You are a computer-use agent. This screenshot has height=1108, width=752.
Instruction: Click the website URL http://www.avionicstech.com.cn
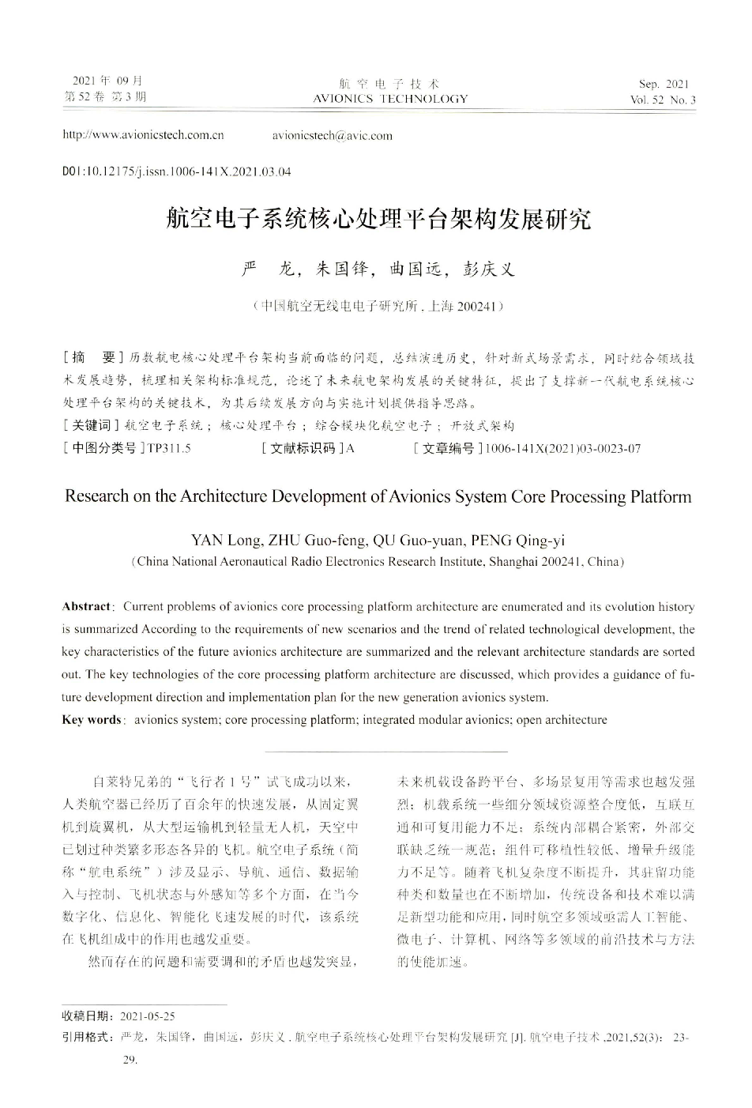[x=143, y=135]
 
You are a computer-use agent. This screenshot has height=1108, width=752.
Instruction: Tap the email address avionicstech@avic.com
[x=332, y=135]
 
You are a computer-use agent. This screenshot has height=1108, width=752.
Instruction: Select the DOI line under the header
[x=176, y=171]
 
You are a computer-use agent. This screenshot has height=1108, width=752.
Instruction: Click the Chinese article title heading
[x=378, y=219]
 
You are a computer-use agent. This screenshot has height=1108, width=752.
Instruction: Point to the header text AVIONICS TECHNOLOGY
[x=390, y=100]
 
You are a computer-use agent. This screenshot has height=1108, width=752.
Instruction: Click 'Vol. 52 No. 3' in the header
[x=663, y=100]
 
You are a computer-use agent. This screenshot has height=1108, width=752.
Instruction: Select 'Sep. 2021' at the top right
[x=664, y=85]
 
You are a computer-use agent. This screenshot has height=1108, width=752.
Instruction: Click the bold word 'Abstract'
[x=86, y=607]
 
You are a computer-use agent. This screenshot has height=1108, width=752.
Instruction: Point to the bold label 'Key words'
[x=91, y=720]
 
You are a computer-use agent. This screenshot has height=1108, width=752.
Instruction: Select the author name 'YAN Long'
[x=225, y=541]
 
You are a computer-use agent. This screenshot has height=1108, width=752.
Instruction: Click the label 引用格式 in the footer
[x=87, y=1036]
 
